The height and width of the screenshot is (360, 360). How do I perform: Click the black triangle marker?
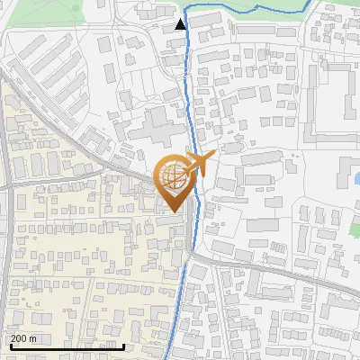(181, 24)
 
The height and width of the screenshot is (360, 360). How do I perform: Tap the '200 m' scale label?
(24, 338)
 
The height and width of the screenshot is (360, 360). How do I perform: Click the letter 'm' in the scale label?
(33, 338)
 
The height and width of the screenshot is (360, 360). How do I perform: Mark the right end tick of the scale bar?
(123, 345)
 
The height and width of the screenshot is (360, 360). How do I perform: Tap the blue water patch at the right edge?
(355, 175)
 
